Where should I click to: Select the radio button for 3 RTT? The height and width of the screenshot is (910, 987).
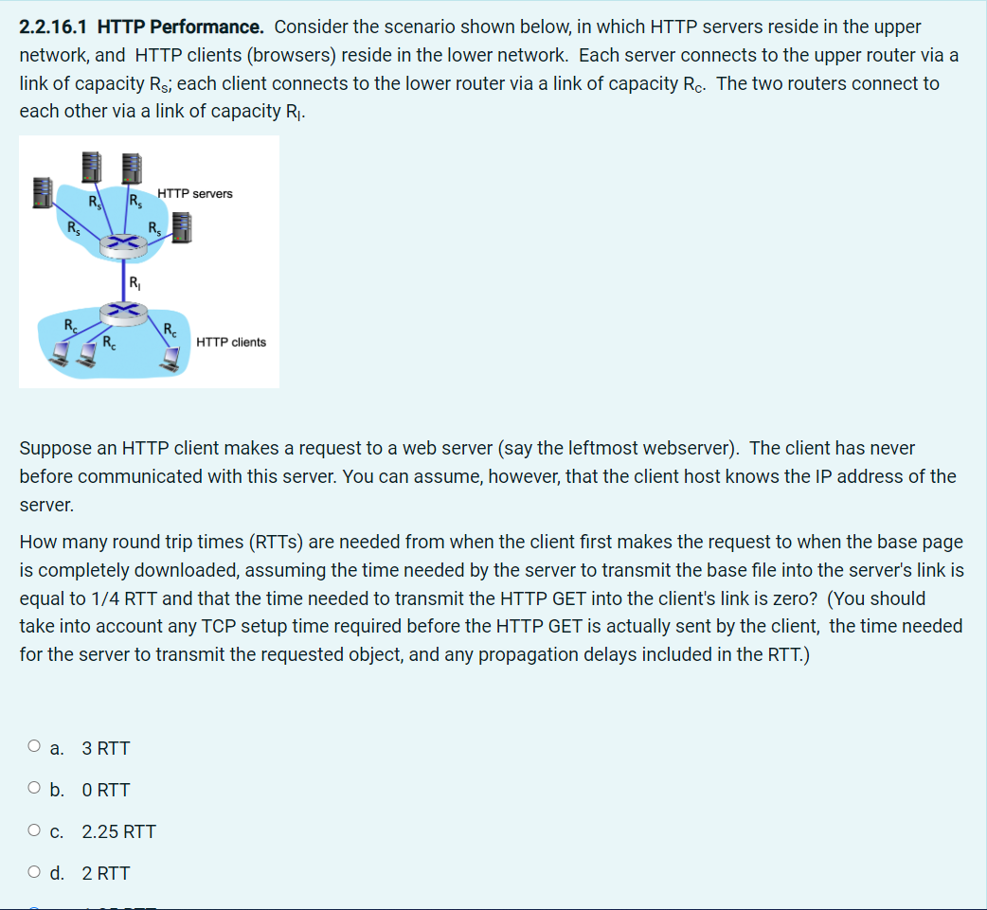[34, 747]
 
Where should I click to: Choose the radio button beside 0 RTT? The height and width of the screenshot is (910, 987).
[34, 789]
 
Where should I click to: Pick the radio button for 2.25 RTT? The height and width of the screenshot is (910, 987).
[34, 830]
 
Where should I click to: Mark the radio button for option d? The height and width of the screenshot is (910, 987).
[34, 872]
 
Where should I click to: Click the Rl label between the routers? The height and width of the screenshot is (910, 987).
[135, 280]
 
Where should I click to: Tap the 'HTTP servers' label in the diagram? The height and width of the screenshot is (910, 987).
[194, 193]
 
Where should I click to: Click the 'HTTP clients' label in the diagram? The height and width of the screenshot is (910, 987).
[231, 342]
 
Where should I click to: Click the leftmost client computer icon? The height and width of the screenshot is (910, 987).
[59, 354]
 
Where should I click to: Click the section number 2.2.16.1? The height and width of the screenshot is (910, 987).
[58, 27]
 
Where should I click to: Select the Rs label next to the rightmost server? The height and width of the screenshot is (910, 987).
[155, 227]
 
